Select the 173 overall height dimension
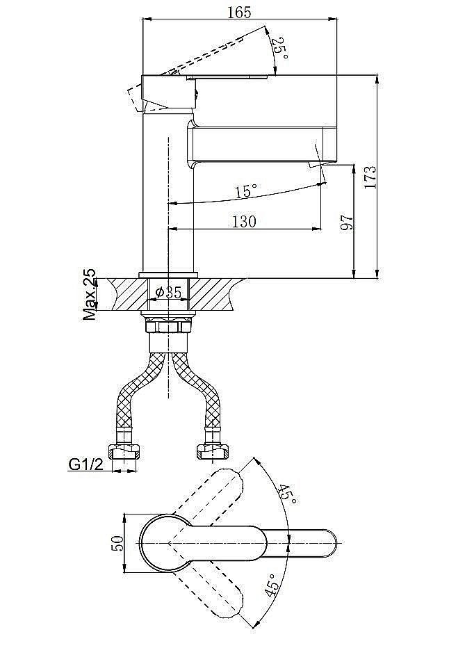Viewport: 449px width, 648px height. click(x=370, y=177)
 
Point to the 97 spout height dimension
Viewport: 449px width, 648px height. click(x=348, y=222)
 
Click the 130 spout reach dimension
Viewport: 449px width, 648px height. click(x=244, y=222)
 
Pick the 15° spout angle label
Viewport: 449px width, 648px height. click(x=246, y=191)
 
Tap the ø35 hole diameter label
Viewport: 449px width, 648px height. click(x=168, y=293)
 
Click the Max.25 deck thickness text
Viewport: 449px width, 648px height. click(x=89, y=294)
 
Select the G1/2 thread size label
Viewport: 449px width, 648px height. click(x=85, y=464)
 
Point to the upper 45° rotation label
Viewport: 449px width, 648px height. click(x=287, y=494)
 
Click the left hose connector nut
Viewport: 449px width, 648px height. click(x=124, y=451)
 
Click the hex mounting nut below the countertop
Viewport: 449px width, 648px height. click(x=168, y=327)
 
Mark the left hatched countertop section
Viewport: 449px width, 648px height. click(x=127, y=294)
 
